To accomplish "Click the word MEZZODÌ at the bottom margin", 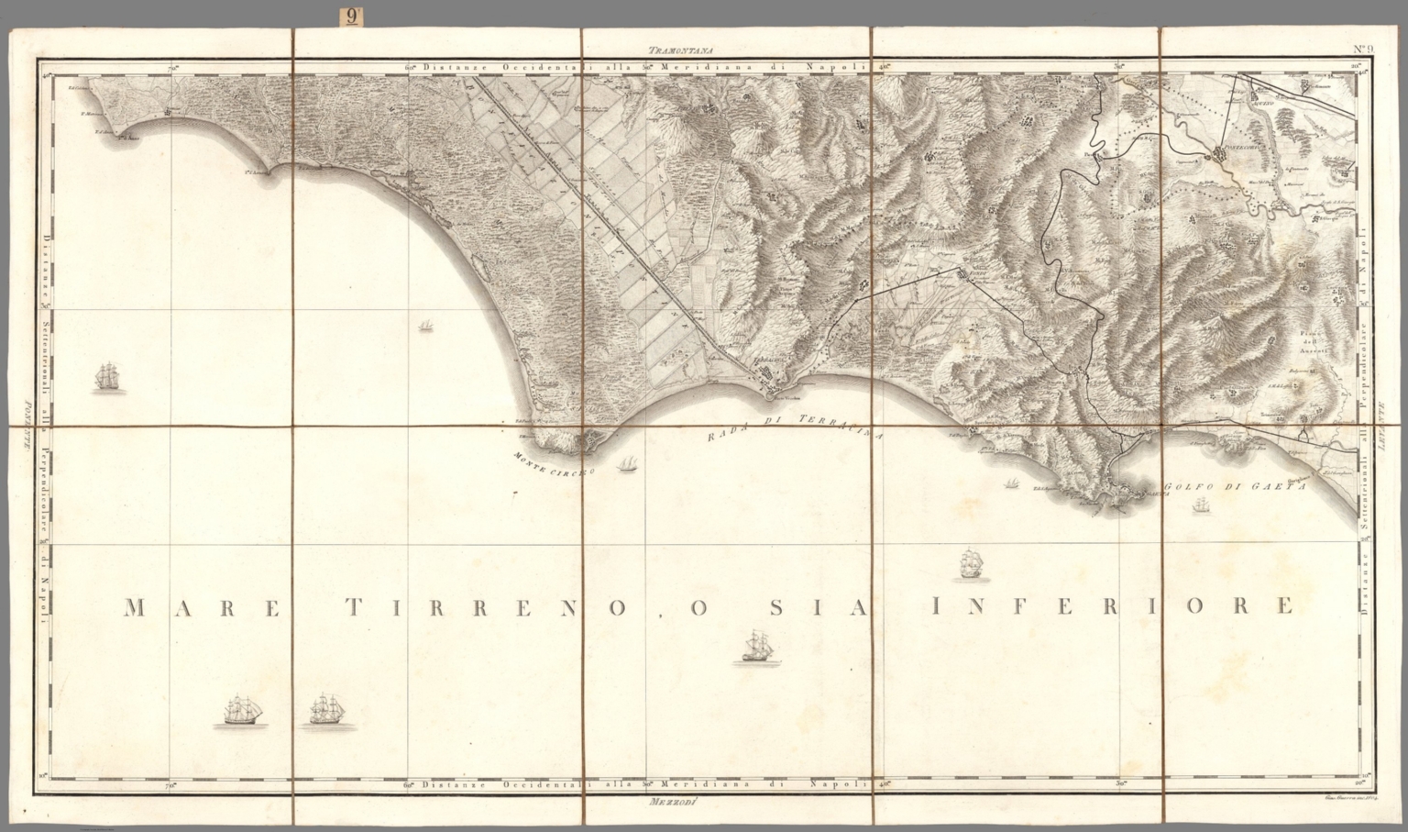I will pos(674,804).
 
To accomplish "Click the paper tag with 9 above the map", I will pos(353,16).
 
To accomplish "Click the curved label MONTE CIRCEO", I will pos(554,464).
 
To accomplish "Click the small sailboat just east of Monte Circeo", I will pos(629,465).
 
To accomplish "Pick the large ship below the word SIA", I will pos(757,647).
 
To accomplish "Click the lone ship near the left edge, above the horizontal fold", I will pos(108,377).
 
